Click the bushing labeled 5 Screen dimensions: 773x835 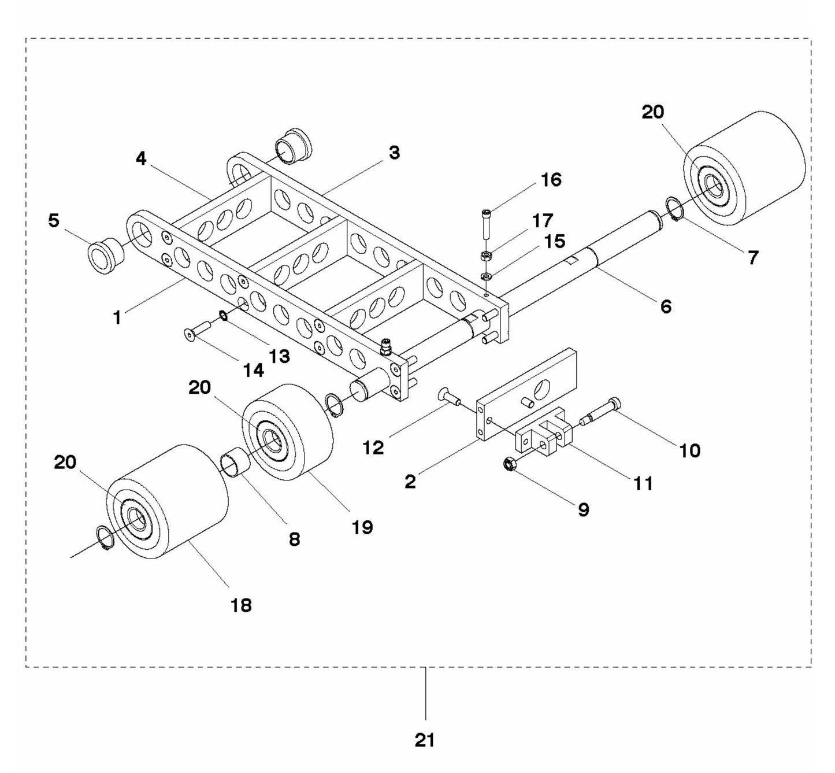coord(106,255)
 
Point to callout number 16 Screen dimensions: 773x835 coord(551,180)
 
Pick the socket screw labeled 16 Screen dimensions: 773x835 coord(485,224)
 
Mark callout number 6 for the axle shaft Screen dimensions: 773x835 coord(666,306)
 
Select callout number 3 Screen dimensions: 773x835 coord(394,153)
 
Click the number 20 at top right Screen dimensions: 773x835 coord(653,112)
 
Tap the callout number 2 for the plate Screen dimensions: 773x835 coord(410,481)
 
